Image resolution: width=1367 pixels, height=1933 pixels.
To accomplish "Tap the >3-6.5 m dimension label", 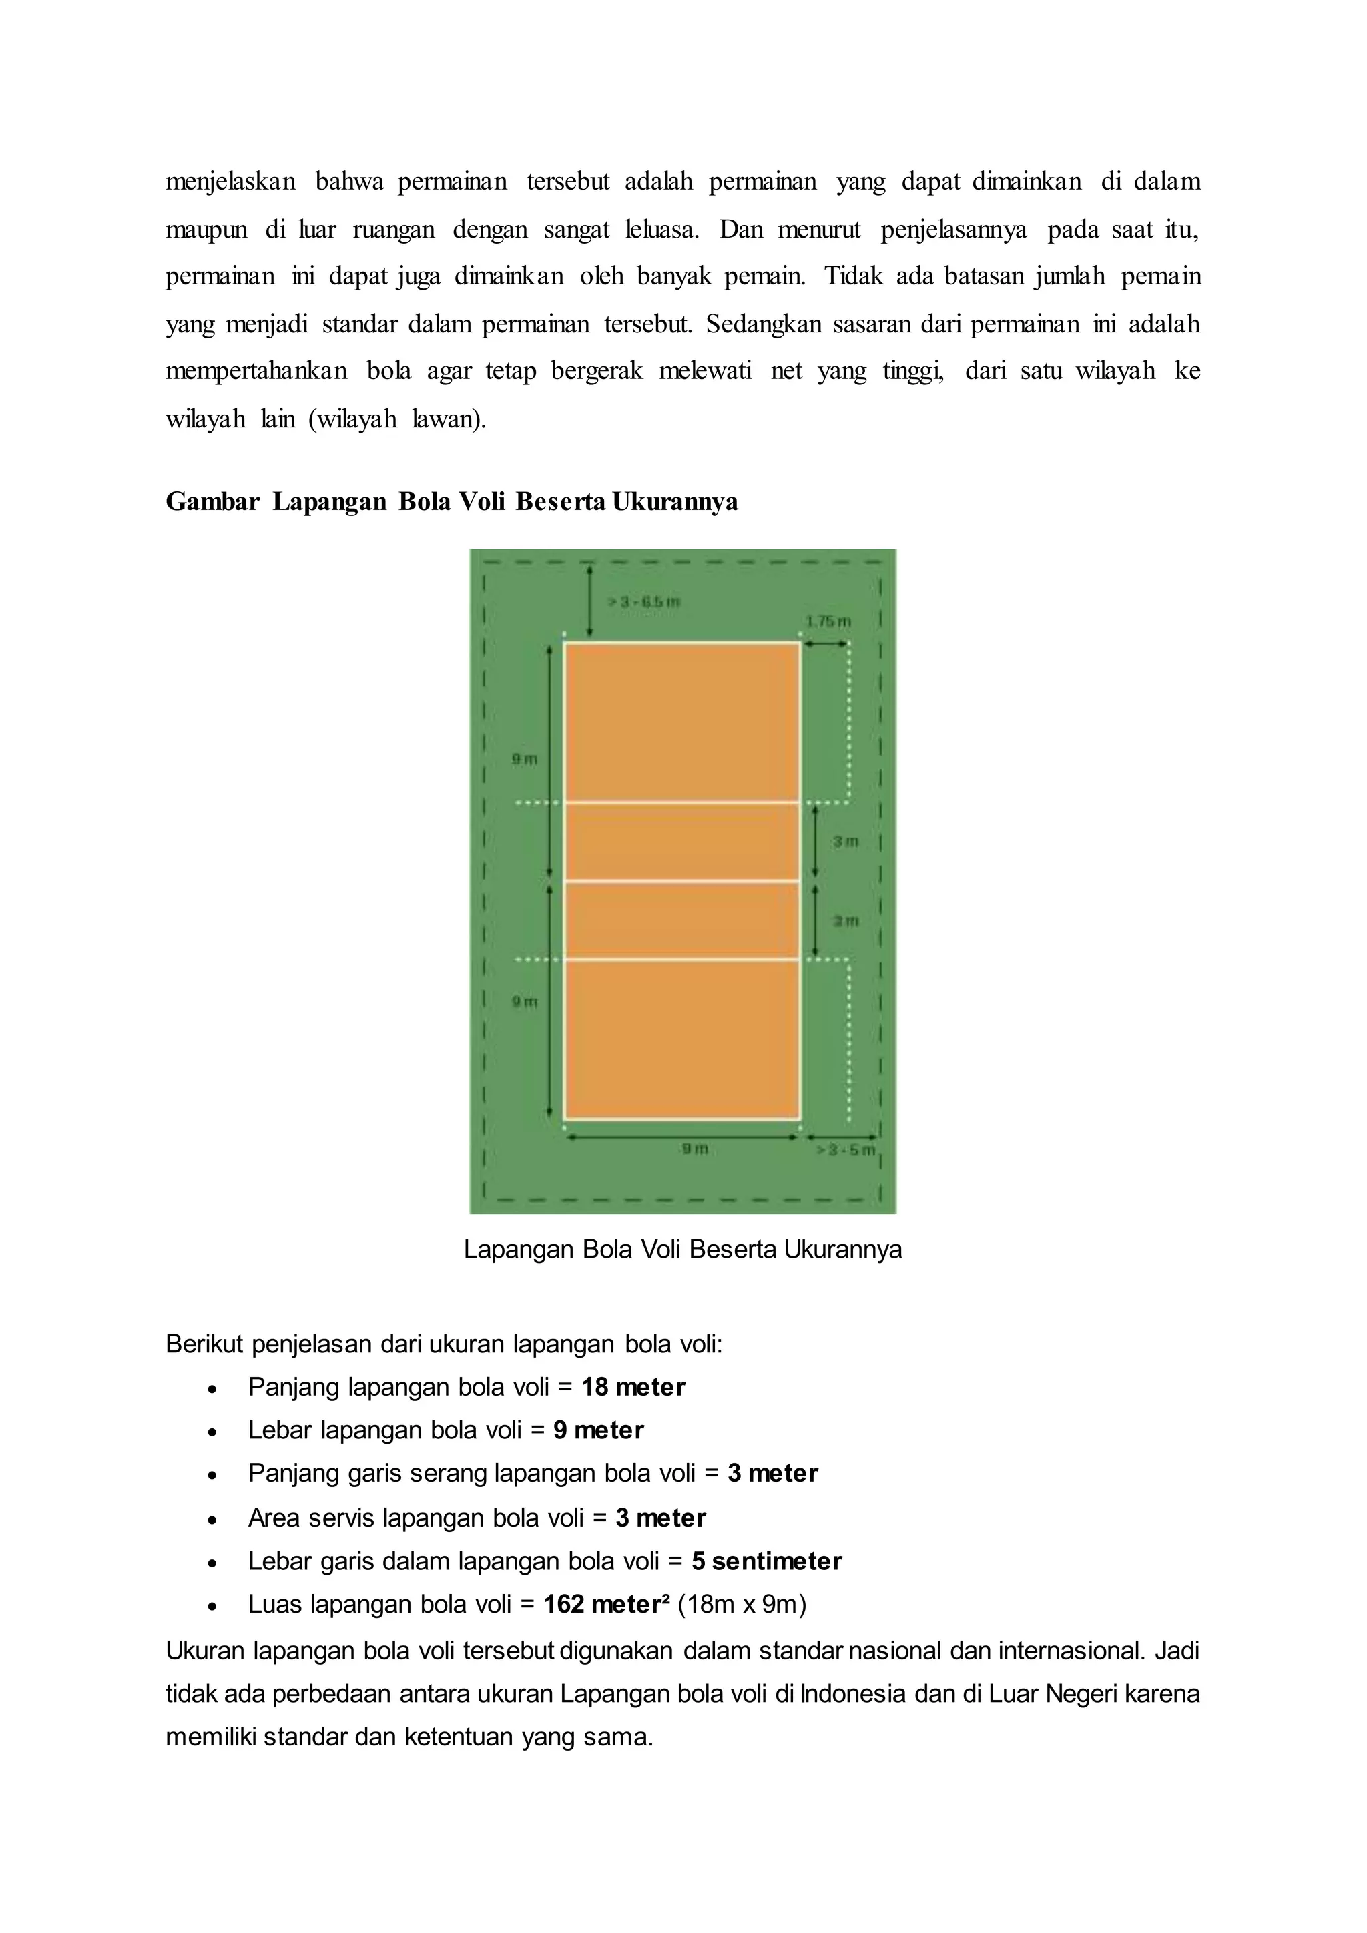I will pyautogui.click(x=644, y=602).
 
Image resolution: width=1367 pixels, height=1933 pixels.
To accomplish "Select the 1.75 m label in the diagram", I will pyautogui.click(x=828, y=621).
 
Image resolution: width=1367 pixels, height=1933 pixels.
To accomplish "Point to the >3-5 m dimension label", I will pyautogui.click(x=846, y=1150).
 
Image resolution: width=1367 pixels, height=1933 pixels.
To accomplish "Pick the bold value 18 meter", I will pyautogui.click(x=633, y=1388).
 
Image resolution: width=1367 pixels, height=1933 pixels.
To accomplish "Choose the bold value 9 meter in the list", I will pyautogui.click(x=599, y=1430).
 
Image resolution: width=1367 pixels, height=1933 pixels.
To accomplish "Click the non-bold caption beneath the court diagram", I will pyautogui.click(x=683, y=1249).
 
